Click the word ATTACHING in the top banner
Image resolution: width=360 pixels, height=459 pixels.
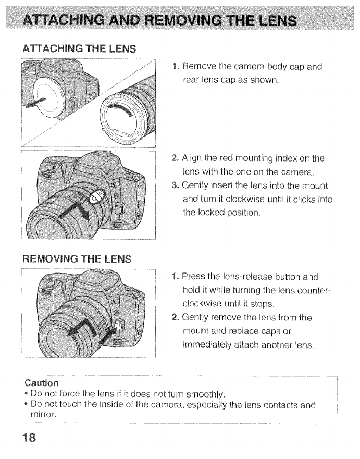tap(67, 21)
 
